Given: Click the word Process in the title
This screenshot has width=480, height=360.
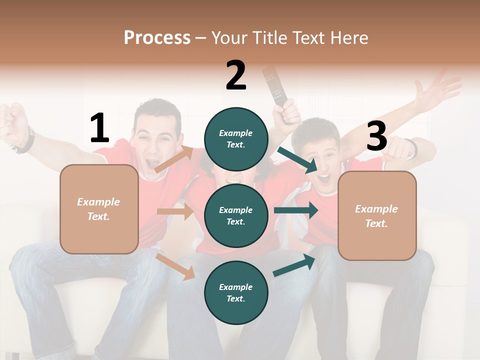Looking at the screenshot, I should tap(157, 38).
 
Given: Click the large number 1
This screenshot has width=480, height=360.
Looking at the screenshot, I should tap(99, 128).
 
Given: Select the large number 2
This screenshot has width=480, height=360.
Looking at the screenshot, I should tap(236, 75).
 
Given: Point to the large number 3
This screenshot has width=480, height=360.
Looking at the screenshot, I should tap(376, 136).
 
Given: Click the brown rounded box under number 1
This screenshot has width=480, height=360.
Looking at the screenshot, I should tap(99, 209).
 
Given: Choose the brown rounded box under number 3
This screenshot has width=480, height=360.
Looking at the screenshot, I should tap(377, 216).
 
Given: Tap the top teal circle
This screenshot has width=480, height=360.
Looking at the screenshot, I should tap(236, 139).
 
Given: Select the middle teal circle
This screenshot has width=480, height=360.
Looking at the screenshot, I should tap(236, 215).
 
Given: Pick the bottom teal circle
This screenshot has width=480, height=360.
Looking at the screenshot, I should tap(236, 292).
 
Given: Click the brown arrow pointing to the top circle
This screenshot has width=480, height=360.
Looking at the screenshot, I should tap(174, 159).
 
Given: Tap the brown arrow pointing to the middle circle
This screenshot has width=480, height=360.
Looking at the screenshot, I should tap(175, 211).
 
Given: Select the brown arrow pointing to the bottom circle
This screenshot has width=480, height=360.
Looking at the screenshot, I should tap(175, 266).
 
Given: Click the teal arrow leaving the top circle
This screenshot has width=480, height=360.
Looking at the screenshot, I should tap(298, 160).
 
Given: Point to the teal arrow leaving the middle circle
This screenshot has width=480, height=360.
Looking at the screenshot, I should tap(296, 210).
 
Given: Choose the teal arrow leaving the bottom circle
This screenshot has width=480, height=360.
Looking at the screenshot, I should tap(294, 265).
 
